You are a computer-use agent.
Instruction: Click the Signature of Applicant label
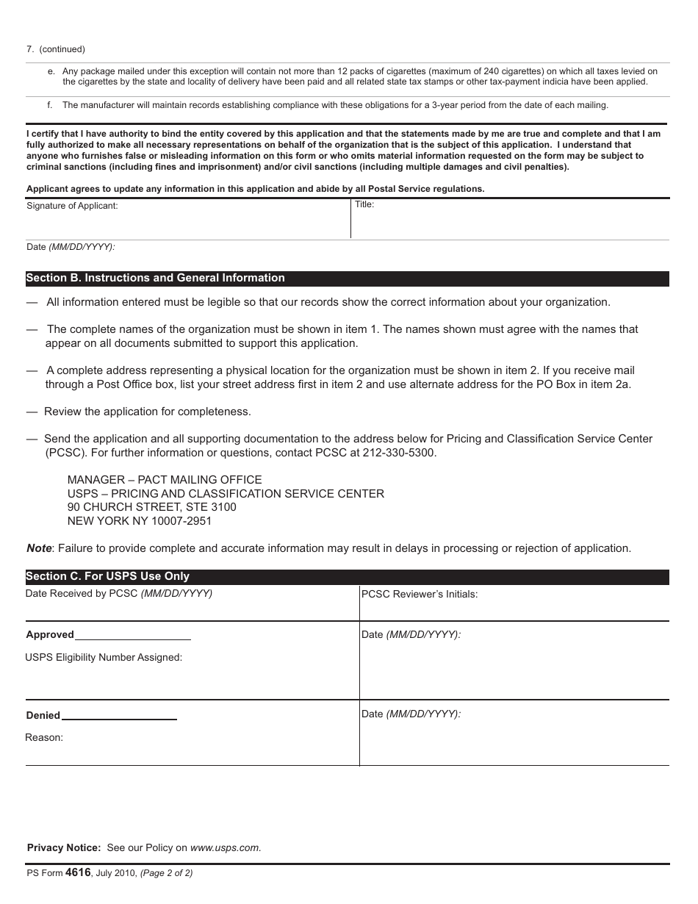click(72, 207)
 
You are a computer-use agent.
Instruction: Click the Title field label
click(364, 204)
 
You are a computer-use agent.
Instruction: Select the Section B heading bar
click(347, 279)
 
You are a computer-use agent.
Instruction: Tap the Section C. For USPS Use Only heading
click(108, 577)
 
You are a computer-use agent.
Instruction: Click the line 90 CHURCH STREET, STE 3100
click(152, 507)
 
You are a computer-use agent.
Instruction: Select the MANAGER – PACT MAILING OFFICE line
click(165, 480)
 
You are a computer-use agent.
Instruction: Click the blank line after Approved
click(133, 636)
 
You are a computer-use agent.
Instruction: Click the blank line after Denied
click(119, 717)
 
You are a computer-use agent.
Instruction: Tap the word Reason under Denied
click(44, 738)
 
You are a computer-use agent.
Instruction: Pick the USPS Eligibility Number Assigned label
click(104, 658)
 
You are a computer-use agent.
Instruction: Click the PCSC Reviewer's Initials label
click(420, 594)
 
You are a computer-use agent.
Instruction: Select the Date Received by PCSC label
click(119, 593)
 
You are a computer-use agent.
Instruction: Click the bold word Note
click(39, 548)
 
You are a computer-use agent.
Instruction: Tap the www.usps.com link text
click(225, 847)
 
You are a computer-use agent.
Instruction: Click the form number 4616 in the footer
click(78, 873)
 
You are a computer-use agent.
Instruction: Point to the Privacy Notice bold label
click(63, 847)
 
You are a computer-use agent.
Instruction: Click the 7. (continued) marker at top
click(56, 49)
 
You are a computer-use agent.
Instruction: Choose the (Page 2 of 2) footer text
click(166, 874)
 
